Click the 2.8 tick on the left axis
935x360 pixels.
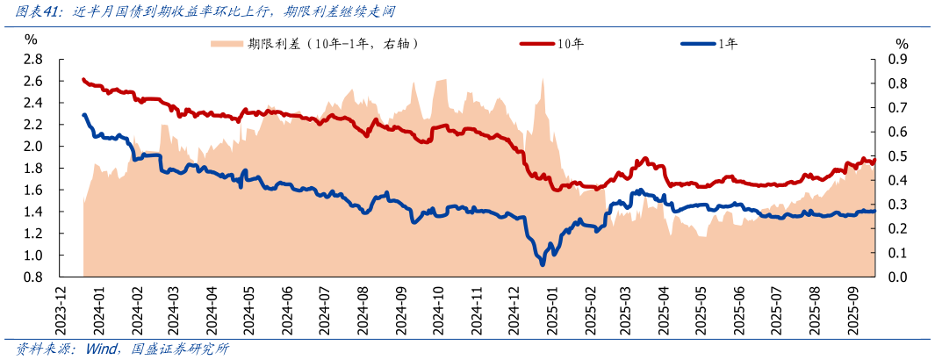[32, 59]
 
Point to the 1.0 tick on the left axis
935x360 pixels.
[32, 256]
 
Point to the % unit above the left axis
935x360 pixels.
[31, 40]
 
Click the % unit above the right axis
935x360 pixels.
[902, 43]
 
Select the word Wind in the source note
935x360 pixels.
[102, 349]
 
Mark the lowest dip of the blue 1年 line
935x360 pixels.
[543, 263]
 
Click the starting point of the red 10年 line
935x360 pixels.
[83, 79]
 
